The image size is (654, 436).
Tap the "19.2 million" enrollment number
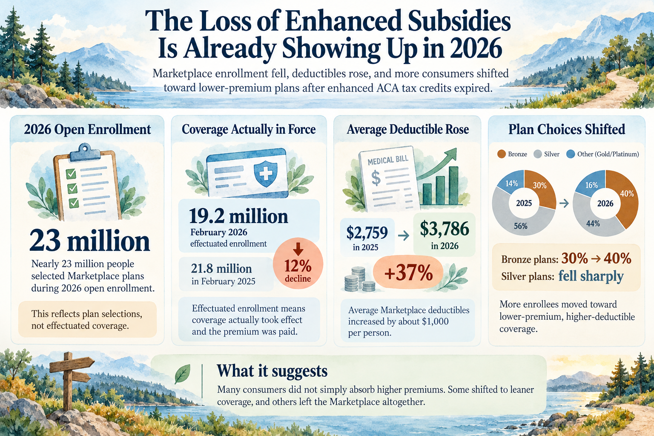(238, 216)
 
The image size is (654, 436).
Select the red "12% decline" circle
(298, 264)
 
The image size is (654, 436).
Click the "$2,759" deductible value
(367, 232)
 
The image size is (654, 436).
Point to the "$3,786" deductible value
(445, 229)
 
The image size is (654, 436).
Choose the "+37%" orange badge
(408, 272)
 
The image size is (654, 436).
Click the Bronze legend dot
(501, 154)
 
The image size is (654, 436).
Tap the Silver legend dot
(537, 154)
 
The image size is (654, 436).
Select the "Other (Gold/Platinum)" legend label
(608, 154)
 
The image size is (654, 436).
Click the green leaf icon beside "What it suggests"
(183, 374)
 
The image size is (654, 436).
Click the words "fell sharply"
(591, 276)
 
